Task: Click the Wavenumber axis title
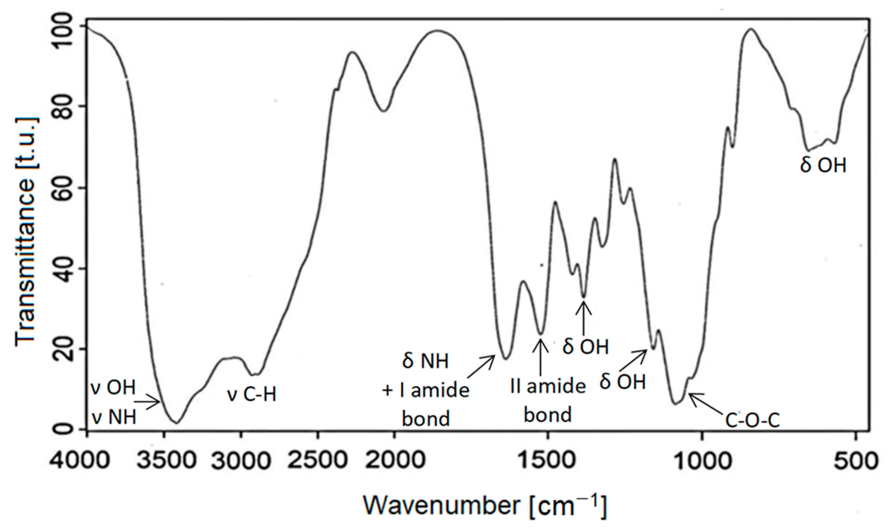click(485, 506)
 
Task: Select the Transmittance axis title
click(26, 228)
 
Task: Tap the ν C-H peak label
click(252, 395)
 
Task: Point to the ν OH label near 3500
click(114, 388)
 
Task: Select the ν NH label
click(114, 417)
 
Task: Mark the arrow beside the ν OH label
click(147, 402)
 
